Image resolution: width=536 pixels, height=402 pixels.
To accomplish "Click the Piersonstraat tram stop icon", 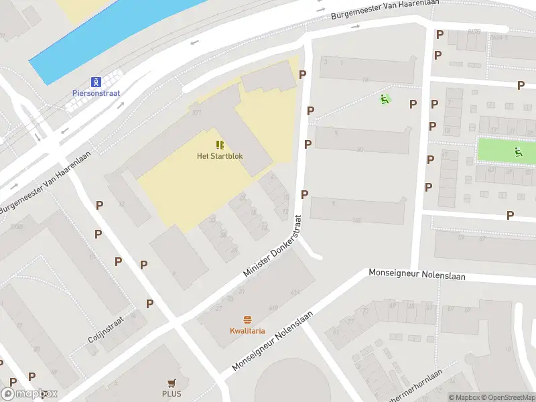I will point(96,82).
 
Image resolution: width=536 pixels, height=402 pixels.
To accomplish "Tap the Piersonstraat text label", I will point(96,93).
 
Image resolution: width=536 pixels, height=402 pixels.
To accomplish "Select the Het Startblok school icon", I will point(220,145).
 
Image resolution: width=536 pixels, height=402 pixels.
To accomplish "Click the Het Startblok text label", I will point(220,156).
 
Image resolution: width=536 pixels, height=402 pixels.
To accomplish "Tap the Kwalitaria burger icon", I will point(247,320).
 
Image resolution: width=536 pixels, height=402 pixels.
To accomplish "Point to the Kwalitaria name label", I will point(247,331).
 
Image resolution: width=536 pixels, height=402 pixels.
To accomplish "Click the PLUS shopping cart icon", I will point(172,383).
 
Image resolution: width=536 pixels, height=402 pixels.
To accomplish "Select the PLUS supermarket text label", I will point(172,394).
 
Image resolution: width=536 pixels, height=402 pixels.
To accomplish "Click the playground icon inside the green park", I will point(518,151).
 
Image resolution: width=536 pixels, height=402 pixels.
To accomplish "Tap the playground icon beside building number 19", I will point(385,100).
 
